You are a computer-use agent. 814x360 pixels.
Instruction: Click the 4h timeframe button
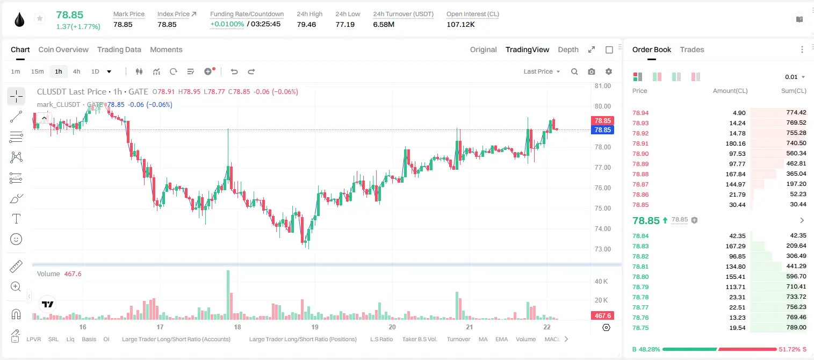76,71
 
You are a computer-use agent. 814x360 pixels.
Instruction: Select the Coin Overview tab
63,50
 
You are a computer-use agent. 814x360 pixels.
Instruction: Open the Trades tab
692,50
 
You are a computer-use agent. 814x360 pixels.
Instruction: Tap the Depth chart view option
568,50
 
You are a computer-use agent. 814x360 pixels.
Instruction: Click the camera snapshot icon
592,71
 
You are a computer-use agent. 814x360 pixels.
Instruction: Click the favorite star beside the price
40,18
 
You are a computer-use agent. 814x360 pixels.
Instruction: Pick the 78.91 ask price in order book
640,143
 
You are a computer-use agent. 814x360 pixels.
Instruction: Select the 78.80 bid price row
640,277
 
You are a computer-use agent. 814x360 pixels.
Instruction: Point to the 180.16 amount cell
735,143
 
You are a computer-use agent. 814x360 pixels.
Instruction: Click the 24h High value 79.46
306,24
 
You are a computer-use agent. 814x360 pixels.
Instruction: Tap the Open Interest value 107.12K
460,24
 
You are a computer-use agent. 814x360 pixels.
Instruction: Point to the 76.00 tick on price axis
602,188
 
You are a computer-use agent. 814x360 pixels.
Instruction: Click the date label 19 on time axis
315,327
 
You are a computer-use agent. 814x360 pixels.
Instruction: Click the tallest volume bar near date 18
228,295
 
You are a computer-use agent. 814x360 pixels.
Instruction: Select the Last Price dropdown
542,71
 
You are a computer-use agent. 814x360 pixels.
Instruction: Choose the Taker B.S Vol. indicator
419,339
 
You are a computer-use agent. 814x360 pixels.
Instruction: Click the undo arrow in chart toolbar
234,71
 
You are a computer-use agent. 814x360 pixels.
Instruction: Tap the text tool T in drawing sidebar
16,219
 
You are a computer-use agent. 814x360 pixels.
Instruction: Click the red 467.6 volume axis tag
602,316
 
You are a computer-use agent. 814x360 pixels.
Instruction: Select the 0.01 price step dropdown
795,77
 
